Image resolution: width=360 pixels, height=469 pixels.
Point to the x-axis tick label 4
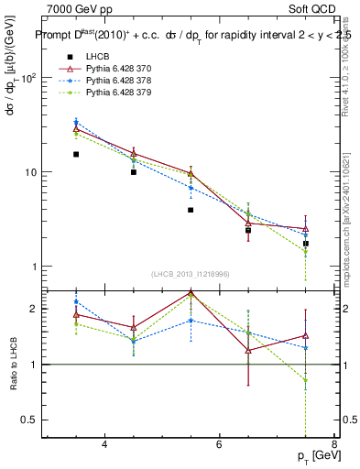[105, 444]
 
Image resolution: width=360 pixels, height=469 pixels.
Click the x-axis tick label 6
[220, 444]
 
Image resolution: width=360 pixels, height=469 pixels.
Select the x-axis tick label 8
[334, 444]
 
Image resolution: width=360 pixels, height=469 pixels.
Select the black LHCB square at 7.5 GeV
[306, 244]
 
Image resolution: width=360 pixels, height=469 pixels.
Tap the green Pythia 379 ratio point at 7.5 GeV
[306, 380]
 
